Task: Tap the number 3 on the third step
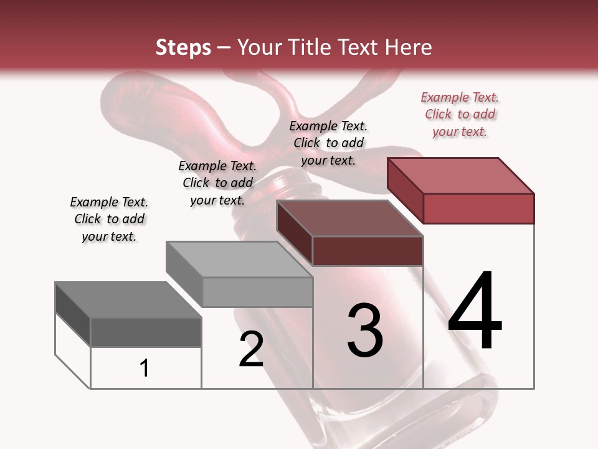click(365, 331)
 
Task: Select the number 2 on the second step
click(252, 349)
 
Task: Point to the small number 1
click(145, 368)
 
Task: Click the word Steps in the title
click(183, 47)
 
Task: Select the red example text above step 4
click(460, 115)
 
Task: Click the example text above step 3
click(328, 143)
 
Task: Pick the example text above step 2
click(217, 183)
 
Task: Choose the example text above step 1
click(109, 219)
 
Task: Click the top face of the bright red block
click(461, 175)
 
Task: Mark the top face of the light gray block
click(239, 259)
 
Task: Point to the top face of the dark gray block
click(128, 300)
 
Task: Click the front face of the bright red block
click(478, 208)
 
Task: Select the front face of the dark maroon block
click(368, 251)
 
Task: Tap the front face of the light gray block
click(257, 292)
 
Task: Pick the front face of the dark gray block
click(146, 332)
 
